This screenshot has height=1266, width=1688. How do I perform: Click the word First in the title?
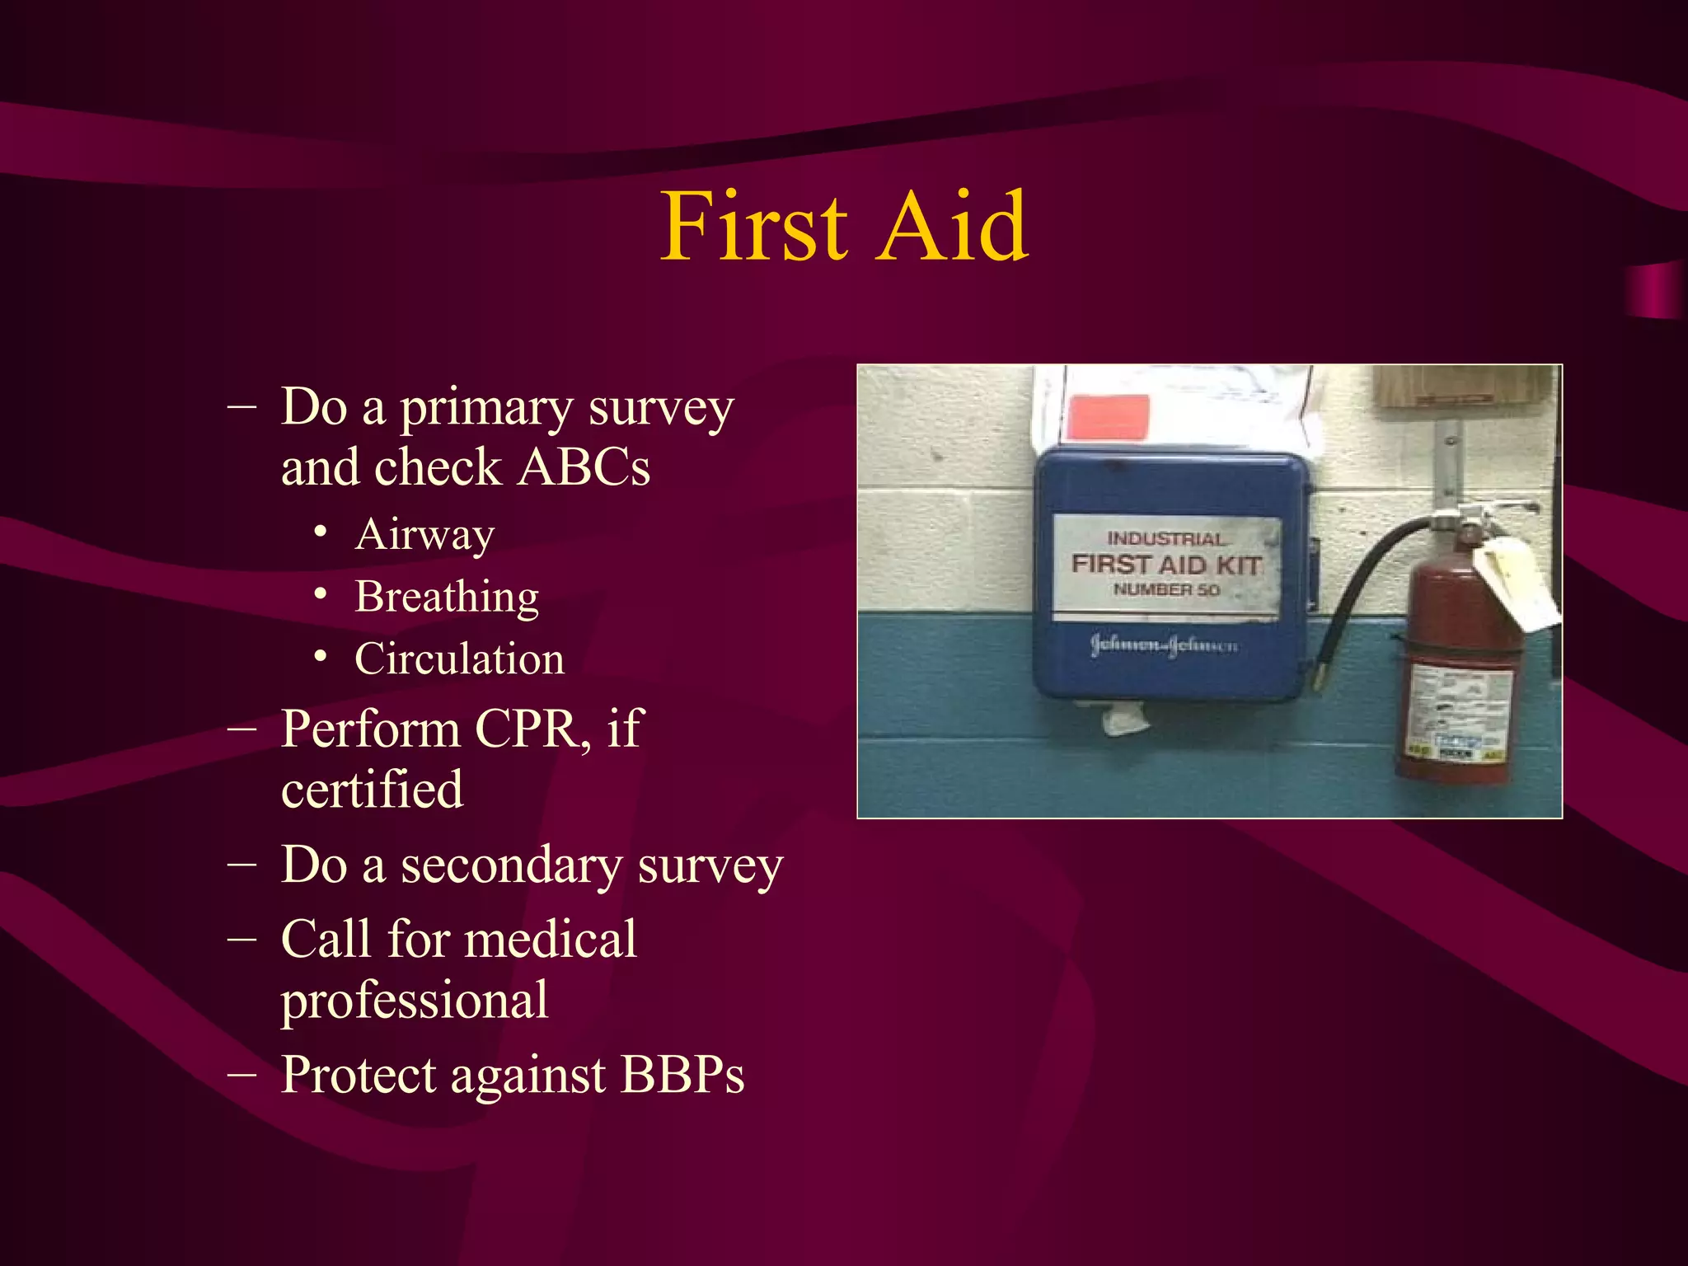(x=753, y=226)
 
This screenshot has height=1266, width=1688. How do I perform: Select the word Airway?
(x=424, y=535)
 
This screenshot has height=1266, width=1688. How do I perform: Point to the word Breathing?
(x=447, y=597)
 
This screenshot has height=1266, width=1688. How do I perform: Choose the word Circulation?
(x=460, y=659)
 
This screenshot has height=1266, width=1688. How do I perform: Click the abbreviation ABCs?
(x=584, y=467)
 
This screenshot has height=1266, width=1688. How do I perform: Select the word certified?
(x=372, y=790)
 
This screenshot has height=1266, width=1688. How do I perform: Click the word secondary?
(x=511, y=867)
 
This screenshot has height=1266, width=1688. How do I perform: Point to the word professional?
(x=415, y=1001)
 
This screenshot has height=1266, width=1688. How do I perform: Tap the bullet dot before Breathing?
(x=321, y=594)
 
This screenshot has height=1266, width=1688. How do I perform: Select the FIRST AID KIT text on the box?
(x=1165, y=565)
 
